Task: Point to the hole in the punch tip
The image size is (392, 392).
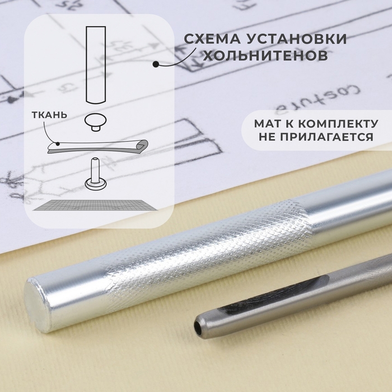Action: [x=198, y=324]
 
